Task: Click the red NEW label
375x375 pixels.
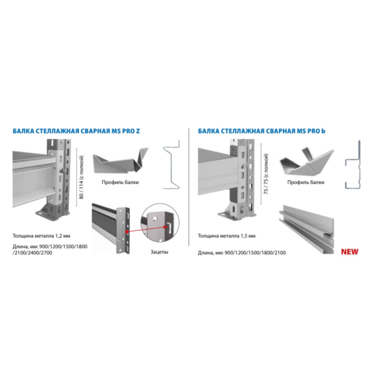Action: (349, 252)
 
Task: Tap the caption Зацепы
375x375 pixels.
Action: (159, 252)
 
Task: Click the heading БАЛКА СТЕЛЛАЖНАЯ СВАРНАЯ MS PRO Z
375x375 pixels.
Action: (76, 131)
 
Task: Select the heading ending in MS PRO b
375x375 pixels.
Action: (262, 131)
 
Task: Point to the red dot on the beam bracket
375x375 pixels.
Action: (127, 232)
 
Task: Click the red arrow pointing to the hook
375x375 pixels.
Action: (147, 229)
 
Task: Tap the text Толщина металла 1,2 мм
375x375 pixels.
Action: (41, 236)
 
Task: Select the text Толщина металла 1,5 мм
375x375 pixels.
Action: (226, 236)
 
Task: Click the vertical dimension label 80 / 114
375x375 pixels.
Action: (82, 178)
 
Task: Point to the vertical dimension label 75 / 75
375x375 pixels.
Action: (266, 174)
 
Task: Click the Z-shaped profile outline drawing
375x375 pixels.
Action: (171, 165)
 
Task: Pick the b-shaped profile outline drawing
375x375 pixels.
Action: (352, 165)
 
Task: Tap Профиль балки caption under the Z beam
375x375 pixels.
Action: (120, 182)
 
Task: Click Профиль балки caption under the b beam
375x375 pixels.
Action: (306, 182)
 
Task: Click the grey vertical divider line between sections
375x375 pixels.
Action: (189, 187)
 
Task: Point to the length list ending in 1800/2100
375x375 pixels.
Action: (242, 253)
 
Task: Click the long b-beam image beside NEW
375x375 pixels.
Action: (307, 229)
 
